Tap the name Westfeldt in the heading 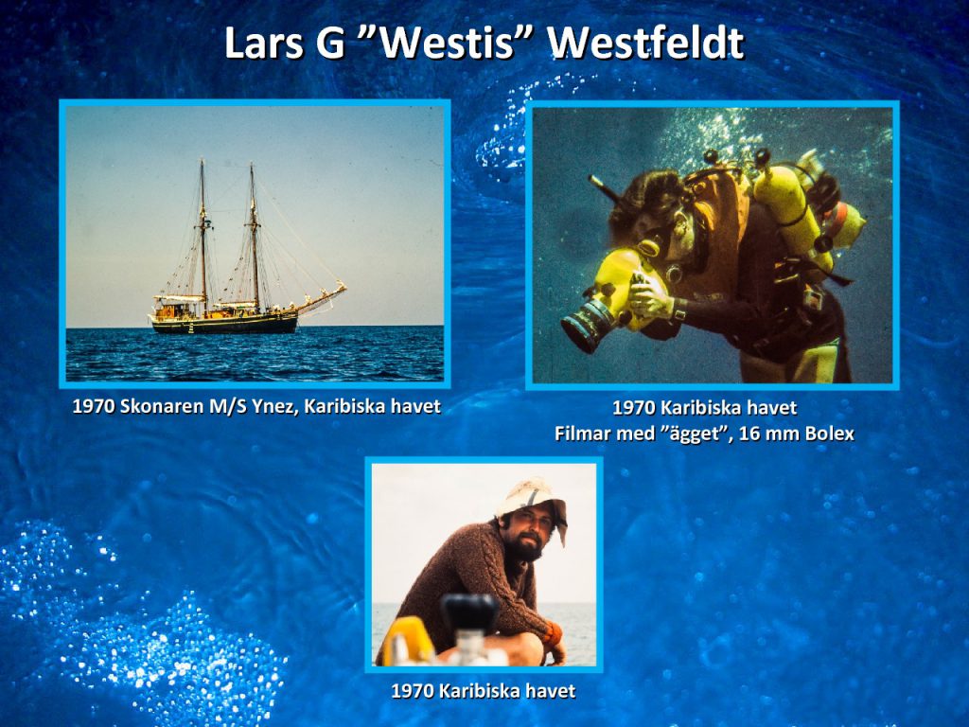click(x=645, y=43)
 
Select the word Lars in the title click(x=264, y=43)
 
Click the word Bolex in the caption click(x=830, y=434)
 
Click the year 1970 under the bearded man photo click(x=412, y=690)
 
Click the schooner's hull click(x=225, y=322)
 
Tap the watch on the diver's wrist click(x=679, y=309)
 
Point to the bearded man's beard click(x=525, y=545)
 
